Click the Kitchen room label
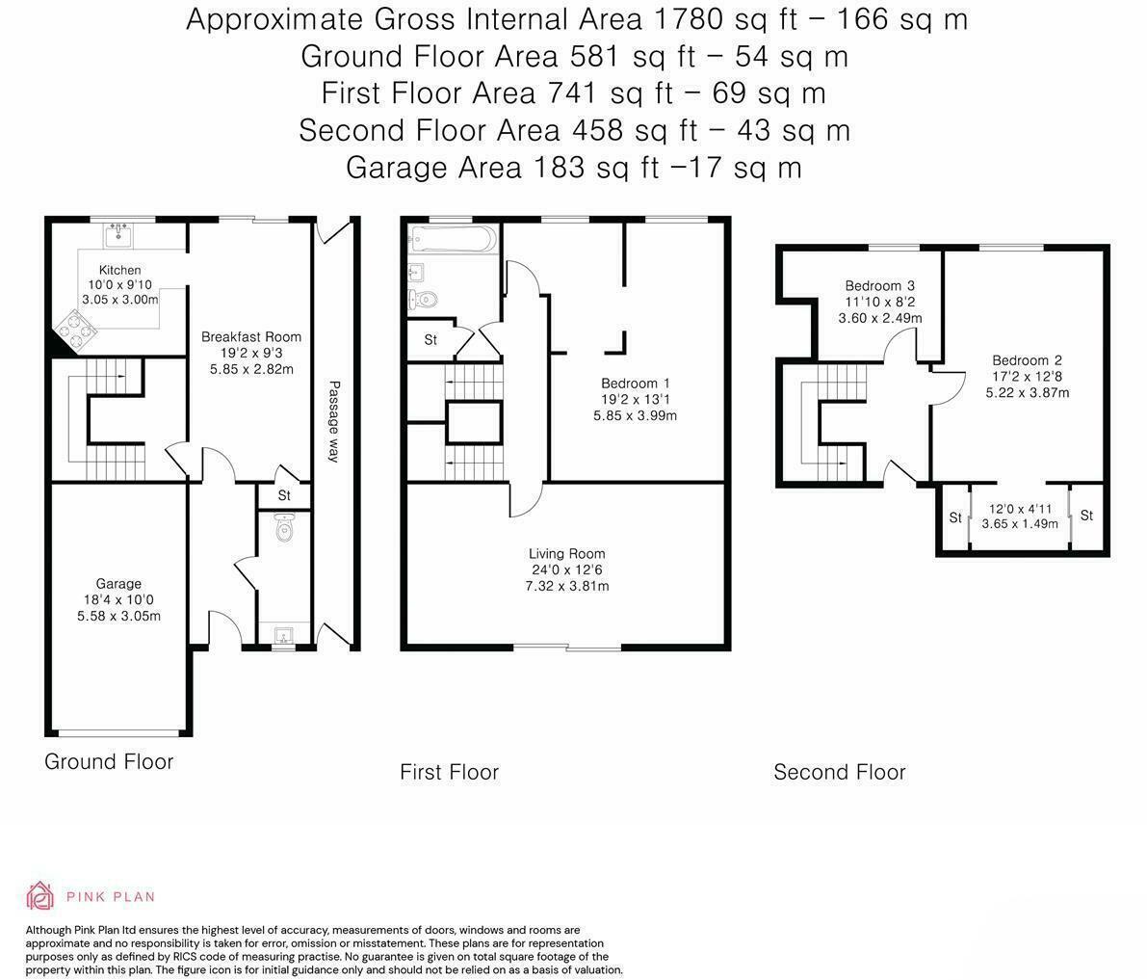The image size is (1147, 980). [x=119, y=271]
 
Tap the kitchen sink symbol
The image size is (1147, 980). [x=119, y=232]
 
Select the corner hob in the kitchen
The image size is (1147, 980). [x=76, y=331]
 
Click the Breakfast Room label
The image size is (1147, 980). [x=250, y=337]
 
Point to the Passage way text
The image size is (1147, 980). [x=334, y=421]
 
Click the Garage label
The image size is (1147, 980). [x=118, y=584]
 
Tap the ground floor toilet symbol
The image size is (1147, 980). [x=283, y=528]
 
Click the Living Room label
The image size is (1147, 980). [x=566, y=554]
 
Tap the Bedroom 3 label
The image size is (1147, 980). [x=879, y=286]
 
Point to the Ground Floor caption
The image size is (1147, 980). [x=109, y=762]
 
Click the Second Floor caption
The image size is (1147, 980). [x=839, y=773]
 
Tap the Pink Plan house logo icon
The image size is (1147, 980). [x=40, y=896]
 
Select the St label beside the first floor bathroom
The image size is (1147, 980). [x=430, y=340]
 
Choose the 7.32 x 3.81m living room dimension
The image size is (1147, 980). [x=566, y=586]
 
